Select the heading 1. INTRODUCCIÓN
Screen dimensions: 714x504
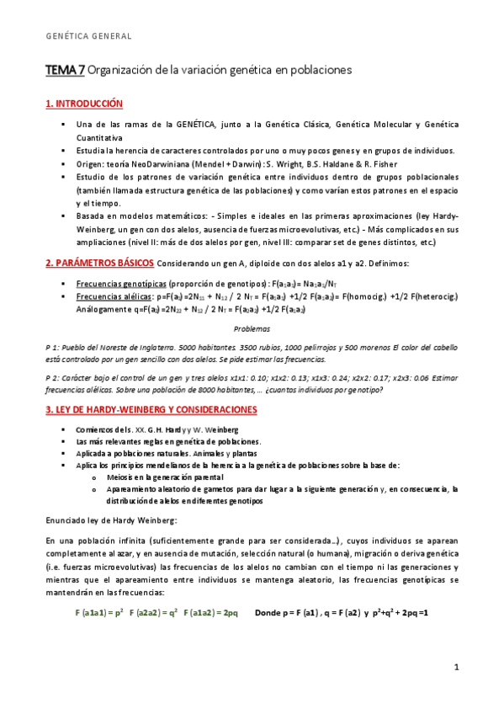pyautogui.click(x=84, y=104)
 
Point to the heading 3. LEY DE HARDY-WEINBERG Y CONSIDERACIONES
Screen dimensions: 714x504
pyautogui.click(x=151, y=409)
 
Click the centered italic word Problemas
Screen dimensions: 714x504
pyautogui.click(x=252, y=328)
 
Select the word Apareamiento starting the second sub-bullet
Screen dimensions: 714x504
pyautogui.click(x=135, y=488)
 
